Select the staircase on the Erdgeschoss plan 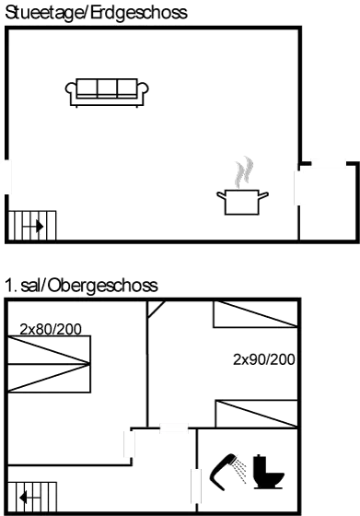[x=32, y=224]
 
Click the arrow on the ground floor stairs [x=36, y=224]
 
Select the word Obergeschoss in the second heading [x=111, y=287]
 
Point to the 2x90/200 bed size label [x=264, y=359]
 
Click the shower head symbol [x=227, y=469]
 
